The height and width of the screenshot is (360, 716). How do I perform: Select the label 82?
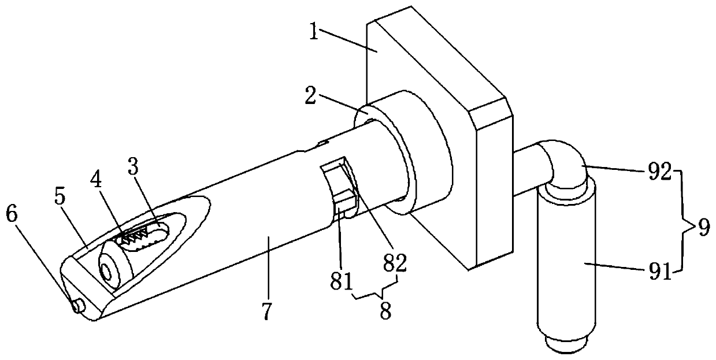pos(394,263)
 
